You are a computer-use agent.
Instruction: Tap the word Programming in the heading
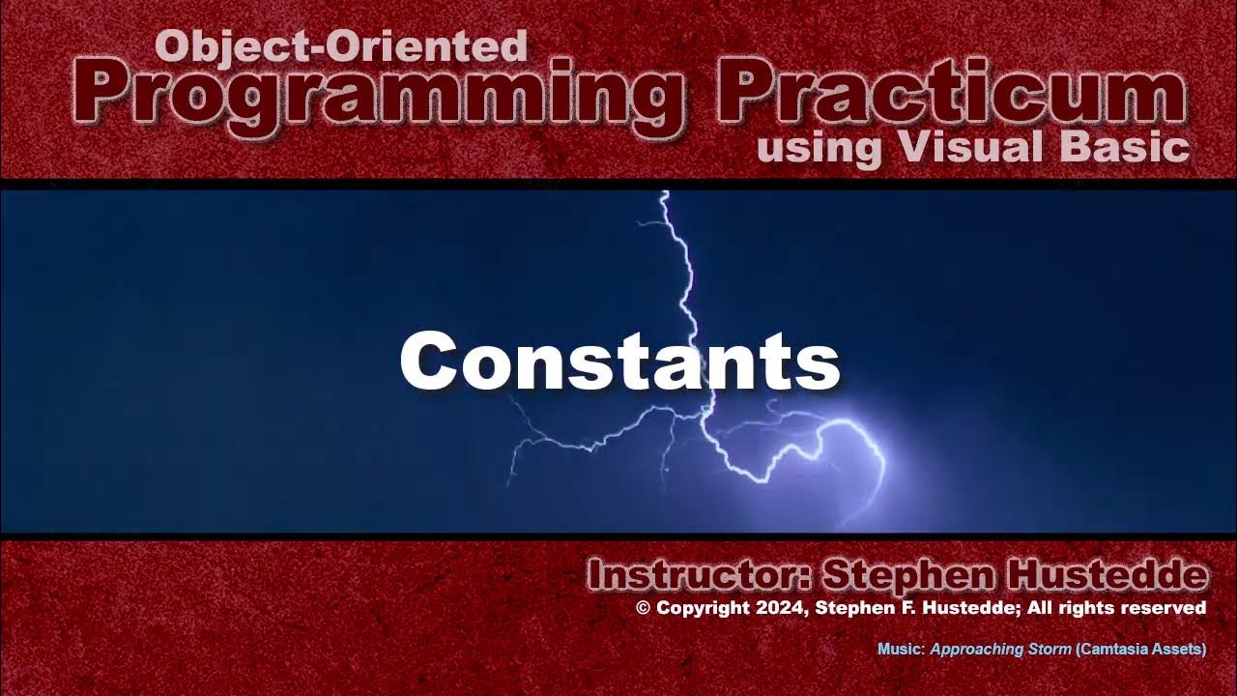pos(378,95)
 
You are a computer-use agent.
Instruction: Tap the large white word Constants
pos(619,361)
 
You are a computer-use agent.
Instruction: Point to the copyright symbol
pos(644,608)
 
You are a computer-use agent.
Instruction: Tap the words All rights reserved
pos(1129,608)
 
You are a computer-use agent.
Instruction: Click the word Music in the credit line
pos(900,650)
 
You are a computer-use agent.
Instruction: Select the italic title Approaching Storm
pos(1000,650)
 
